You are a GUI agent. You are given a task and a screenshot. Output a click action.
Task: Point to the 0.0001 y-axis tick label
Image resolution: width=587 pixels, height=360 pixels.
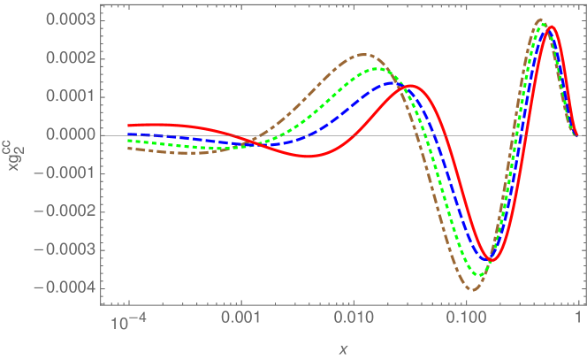pos(72,96)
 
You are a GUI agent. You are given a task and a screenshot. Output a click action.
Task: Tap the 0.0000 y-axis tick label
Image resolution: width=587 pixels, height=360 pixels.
pos(72,135)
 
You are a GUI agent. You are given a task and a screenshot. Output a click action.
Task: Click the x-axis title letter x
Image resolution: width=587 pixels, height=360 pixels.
pos(343,349)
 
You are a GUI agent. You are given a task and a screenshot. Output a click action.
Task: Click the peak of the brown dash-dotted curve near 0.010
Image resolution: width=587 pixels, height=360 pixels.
pos(362,55)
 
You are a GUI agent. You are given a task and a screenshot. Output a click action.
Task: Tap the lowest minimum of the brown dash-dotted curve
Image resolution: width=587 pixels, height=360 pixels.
pos(475,289)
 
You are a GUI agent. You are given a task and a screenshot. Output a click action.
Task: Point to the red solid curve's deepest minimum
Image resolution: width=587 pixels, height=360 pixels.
pos(493,260)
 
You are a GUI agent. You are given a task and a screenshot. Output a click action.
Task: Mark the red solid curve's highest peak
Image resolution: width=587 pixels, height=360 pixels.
pos(551,27)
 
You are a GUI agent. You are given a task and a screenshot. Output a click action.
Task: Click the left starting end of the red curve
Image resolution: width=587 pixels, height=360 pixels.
pos(129,126)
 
